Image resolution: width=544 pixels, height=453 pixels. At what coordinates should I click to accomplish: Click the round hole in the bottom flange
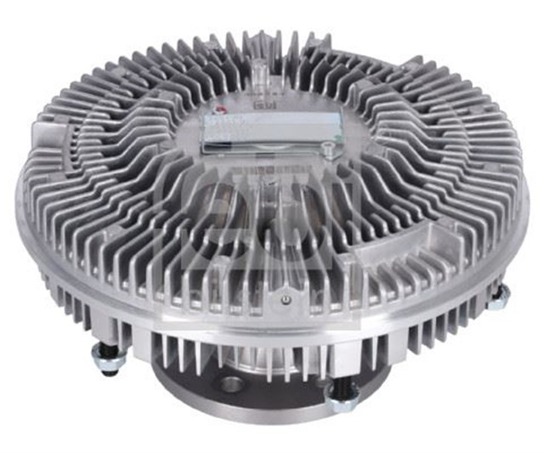(x=229, y=384)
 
